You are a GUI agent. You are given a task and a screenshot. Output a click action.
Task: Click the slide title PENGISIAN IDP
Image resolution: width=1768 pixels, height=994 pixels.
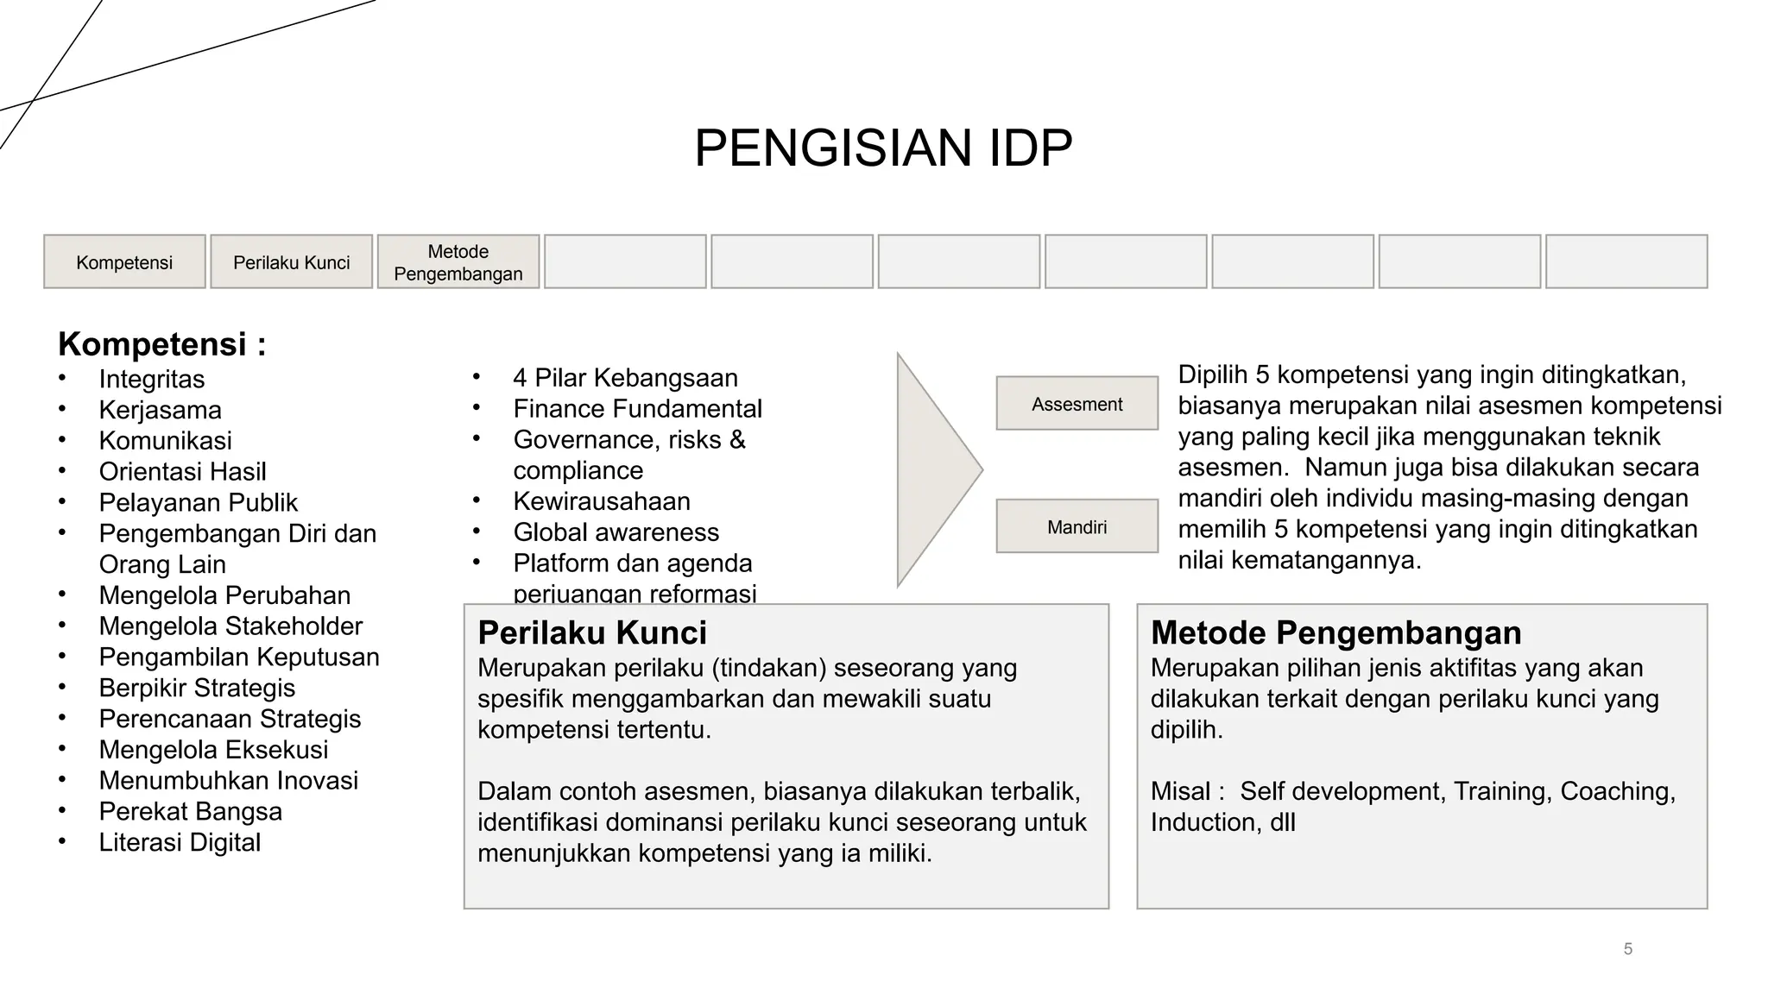click(883, 148)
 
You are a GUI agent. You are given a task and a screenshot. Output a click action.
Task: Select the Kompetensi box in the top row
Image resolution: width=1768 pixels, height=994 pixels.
click(124, 262)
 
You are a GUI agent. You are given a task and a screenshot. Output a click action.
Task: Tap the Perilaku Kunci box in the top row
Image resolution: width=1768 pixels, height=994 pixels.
click(291, 262)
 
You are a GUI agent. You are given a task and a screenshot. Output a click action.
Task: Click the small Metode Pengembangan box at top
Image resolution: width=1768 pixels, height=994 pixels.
click(458, 262)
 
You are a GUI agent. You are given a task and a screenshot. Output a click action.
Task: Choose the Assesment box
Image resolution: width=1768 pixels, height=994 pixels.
click(1077, 404)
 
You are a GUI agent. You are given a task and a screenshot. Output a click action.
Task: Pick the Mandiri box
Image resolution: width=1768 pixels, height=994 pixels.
click(1077, 526)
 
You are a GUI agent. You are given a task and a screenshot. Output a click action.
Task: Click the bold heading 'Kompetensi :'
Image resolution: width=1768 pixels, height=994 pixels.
click(162, 344)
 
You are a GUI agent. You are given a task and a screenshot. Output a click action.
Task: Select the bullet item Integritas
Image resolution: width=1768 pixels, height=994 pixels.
click(152, 379)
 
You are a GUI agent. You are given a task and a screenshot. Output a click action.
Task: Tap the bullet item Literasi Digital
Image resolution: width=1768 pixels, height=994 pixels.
click(180, 842)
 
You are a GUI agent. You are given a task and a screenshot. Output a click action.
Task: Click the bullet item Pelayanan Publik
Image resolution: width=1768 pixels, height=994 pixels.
click(198, 502)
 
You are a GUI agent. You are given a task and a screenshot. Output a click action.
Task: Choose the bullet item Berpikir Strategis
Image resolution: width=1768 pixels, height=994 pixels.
click(197, 688)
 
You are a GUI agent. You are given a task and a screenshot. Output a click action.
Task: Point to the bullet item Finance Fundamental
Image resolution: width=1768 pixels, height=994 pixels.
click(637, 409)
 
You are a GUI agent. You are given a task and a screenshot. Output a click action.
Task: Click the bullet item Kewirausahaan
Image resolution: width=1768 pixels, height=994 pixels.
click(602, 501)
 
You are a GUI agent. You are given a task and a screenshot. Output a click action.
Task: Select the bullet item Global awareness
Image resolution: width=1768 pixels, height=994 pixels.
click(616, 532)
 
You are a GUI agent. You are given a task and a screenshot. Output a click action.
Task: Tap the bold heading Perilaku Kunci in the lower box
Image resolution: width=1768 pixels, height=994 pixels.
click(592, 633)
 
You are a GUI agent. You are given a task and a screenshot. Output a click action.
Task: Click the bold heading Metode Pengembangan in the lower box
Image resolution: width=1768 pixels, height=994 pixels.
click(1335, 633)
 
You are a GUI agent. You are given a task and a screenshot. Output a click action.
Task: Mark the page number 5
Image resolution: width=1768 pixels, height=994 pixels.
click(1627, 949)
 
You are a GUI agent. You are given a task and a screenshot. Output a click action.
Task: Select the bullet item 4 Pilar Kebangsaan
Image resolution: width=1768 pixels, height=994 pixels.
click(625, 378)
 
